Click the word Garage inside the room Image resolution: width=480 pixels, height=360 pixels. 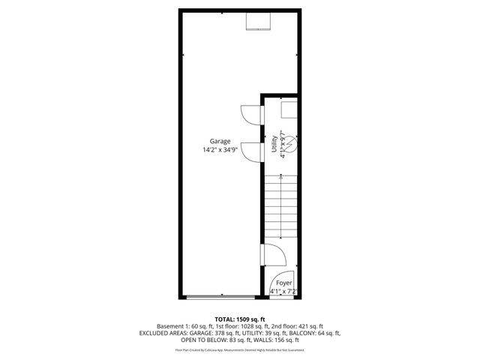tap(220, 142)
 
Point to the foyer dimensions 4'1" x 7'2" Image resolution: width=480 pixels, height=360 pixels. tap(283, 291)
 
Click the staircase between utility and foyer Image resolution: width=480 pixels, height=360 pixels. tap(280, 206)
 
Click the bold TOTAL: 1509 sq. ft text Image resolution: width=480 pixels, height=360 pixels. tap(240, 319)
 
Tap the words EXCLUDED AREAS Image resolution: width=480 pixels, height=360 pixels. tap(164, 334)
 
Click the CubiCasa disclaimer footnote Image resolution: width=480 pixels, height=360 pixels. tap(240, 349)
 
